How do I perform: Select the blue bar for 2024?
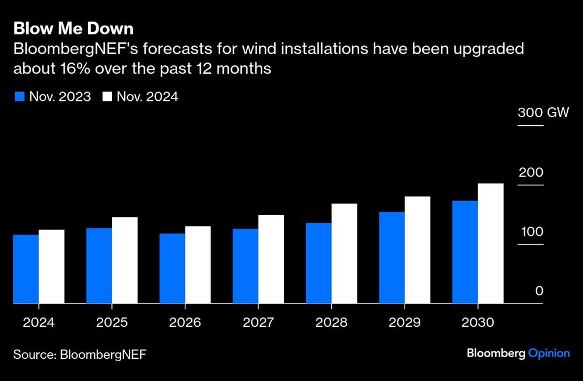pos(26,269)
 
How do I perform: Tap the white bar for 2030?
pos(490,244)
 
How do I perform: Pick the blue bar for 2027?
pos(245,266)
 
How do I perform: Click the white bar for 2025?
pos(124,260)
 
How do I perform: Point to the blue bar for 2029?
pos(391,257)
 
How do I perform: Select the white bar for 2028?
pos(344,253)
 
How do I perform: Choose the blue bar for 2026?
pos(172,268)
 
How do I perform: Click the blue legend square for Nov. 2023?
pos(19,97)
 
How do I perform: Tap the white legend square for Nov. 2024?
pos(107,97)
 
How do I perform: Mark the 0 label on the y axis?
pos(539,291)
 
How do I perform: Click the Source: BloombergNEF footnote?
pos(80,354)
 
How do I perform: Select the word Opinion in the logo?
pos(549,354)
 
